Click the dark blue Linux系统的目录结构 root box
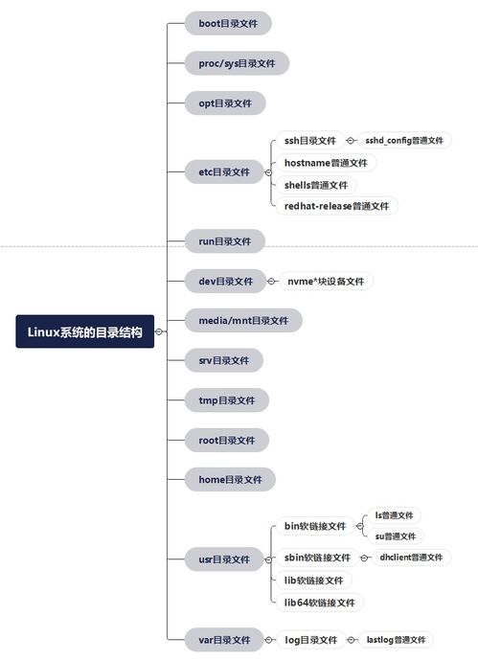coord(84,331)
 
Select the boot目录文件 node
coord(228,23)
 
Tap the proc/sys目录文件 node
coord(237,63)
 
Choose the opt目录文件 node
coord(225,103)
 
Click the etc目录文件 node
coord(224,171)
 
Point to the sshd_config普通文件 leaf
coord(404,141)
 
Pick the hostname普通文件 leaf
coord(326,163)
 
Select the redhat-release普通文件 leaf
coord(336,206)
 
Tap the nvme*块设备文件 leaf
coord(326,282)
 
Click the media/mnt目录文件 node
coord(243,320)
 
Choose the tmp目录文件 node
coord(226,400)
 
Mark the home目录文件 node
coord(230,479)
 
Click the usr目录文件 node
coord(224,559)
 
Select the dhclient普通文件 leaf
coord(411,558)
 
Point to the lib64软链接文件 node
coord(319,603)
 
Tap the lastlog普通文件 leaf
coord(396,640)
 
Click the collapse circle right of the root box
coord(159,331)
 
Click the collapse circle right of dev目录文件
coord(271,282)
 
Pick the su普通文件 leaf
coord(396,536)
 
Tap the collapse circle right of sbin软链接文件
coord(364,558)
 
